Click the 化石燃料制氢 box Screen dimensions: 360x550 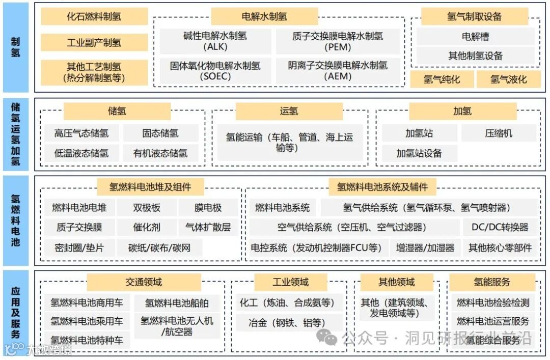(x=94, y=17)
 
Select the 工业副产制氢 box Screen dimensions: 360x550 (x=94, y=42)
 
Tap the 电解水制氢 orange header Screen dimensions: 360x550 (x=264, y=16)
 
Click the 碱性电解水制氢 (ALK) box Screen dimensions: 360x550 (x=215, y=41)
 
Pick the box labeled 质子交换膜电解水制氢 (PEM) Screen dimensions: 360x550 (x=338, y=41)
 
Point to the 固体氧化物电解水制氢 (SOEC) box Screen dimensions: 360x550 (x=215, y=71)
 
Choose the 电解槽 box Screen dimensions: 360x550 (x=476, y=37)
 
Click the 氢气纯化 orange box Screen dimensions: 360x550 (x=442, y=79)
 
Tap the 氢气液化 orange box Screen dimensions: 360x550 (x=508, y=79)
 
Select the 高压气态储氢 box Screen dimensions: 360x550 (x=81, y=133)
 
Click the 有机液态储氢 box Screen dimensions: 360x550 (x=160, y=153)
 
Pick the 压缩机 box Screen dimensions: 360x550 (x=499, y=133)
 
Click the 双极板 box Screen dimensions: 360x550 (x=147, y=207)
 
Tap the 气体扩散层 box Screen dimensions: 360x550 (x=208, y=227)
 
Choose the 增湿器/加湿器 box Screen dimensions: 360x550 (x=425, y=247)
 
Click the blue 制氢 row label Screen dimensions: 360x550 (x=16, y=47)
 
